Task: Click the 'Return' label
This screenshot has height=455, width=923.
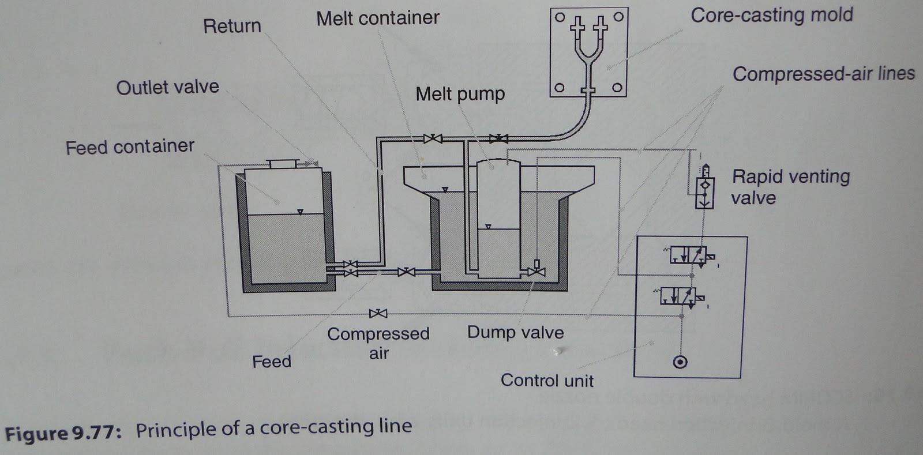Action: pyautogui.click(x=232, y=26)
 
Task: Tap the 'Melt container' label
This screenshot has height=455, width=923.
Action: pyautogui.click(x=377, y=18)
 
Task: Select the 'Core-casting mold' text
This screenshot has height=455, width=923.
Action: pyautogui.click(x=771, y=15)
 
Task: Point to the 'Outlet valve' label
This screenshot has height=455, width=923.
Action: pyautogui.click(x=167, y=87)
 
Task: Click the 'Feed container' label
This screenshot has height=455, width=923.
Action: pyautogui.click(x=130, y=147)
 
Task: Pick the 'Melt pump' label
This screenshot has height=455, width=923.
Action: pyautogui.click(x=460, y=93)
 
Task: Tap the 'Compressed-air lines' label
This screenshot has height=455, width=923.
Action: pyautogui.click(x=823, y=74)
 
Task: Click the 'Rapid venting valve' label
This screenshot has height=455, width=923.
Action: pyautogui.click(x=790, y=187)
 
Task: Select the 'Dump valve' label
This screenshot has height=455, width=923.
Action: pyautogui.click(x=515, y=332)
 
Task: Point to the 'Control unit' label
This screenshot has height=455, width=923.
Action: pyautogui.click(x=546, y=381)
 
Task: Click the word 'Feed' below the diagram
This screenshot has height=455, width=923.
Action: pyautogui.click(x=271, y=362)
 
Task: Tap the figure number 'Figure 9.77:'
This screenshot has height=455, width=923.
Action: pyautogui.click(x=63, y=433)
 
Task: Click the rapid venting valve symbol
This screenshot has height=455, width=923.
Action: pyautogui.click(x=704, y=188)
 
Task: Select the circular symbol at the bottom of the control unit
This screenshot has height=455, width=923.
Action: pyautogui.click(x=680, y=362)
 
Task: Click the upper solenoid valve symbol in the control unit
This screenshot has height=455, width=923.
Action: pyautogui.click(x=689, y=254)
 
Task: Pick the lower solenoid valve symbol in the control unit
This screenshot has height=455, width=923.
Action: pyautogui.click(x=679, y=296)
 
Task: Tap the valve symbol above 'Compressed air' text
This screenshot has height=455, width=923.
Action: pyautogui.click(x=378, y=313)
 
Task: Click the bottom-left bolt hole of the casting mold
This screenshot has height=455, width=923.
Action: pyautogui.click(x=559, y=88)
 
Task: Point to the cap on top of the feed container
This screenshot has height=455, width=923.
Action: pyautogui.click(x=283, y=164)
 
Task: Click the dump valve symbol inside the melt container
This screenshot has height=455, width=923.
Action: pyautogui.click(x=537, y=269)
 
